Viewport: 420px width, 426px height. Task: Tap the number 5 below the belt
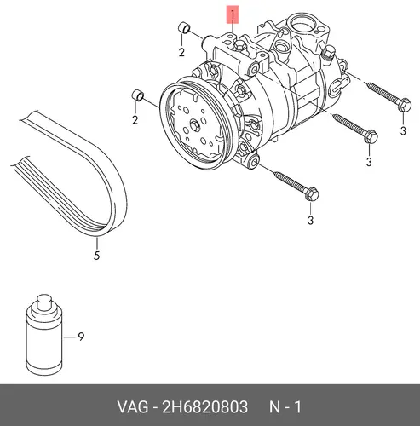tap(96, 256)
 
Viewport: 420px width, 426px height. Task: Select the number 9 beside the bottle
tap(81, 337)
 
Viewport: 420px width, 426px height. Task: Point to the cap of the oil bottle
tap(44, 302)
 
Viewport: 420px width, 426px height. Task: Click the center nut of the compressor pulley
tap(194, 126)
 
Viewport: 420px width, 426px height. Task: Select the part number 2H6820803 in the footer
tap(204, 406)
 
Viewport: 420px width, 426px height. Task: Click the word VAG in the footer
tap(133, 406)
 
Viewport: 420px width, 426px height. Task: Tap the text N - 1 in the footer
tap(285, 406)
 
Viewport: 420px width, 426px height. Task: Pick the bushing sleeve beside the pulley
tap(138, 95)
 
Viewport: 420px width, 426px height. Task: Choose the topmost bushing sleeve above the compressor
tap(184, 28)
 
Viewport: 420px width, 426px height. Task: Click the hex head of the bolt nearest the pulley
tap(312, 194)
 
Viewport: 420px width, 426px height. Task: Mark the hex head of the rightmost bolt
tap(405, 105)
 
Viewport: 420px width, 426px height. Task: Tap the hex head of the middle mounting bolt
tap(371, 136)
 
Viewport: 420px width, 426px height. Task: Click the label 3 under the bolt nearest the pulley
tap(310, 220)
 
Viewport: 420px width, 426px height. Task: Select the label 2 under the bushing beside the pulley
tap(135, 120)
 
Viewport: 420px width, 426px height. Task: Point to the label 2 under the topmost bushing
tap(181, 52)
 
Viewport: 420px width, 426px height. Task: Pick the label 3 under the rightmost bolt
tap(403, 130)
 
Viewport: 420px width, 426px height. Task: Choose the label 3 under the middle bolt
tap(369, 162)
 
